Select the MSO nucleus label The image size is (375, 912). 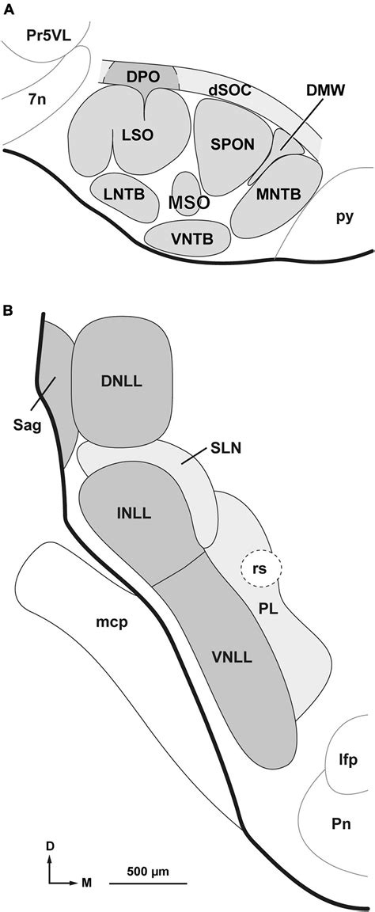pyautogui.click(x=190, y=202)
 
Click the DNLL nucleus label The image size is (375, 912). pyautogui.click(x=122, y=382)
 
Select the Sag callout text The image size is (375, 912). pyautogui.click(x=28, y=424)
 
